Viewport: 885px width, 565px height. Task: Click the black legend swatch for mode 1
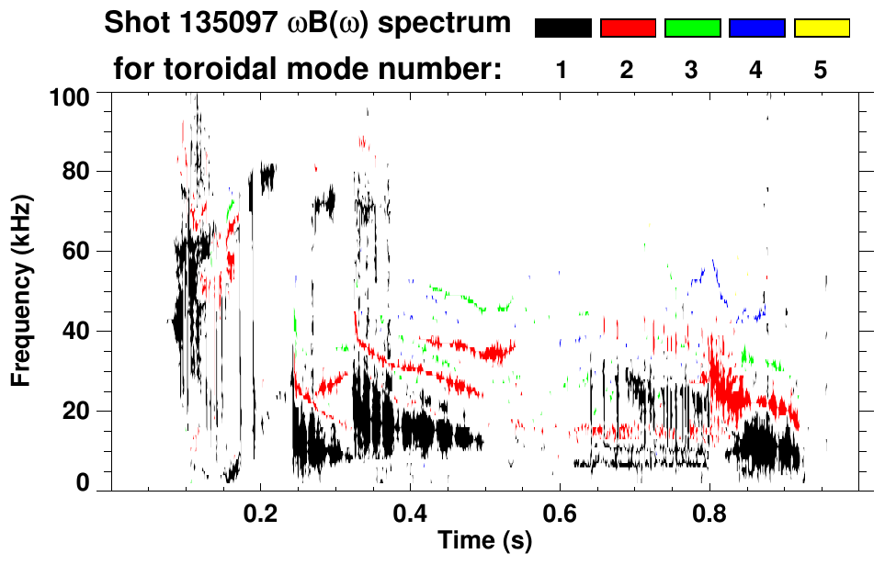click(563, 28)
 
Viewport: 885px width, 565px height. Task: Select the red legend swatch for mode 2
click(628, 28)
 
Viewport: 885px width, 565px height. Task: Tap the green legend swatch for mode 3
click(692, 28)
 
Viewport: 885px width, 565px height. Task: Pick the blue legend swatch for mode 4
click(756, 28)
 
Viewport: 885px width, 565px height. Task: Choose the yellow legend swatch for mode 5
click(821, 28)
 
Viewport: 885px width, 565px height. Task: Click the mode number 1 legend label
click(562, 71)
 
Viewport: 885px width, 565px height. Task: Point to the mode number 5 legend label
click(820, 71)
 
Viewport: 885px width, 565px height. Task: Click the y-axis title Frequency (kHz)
click(22, 290)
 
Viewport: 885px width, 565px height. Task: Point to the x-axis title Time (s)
click(484, 541)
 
